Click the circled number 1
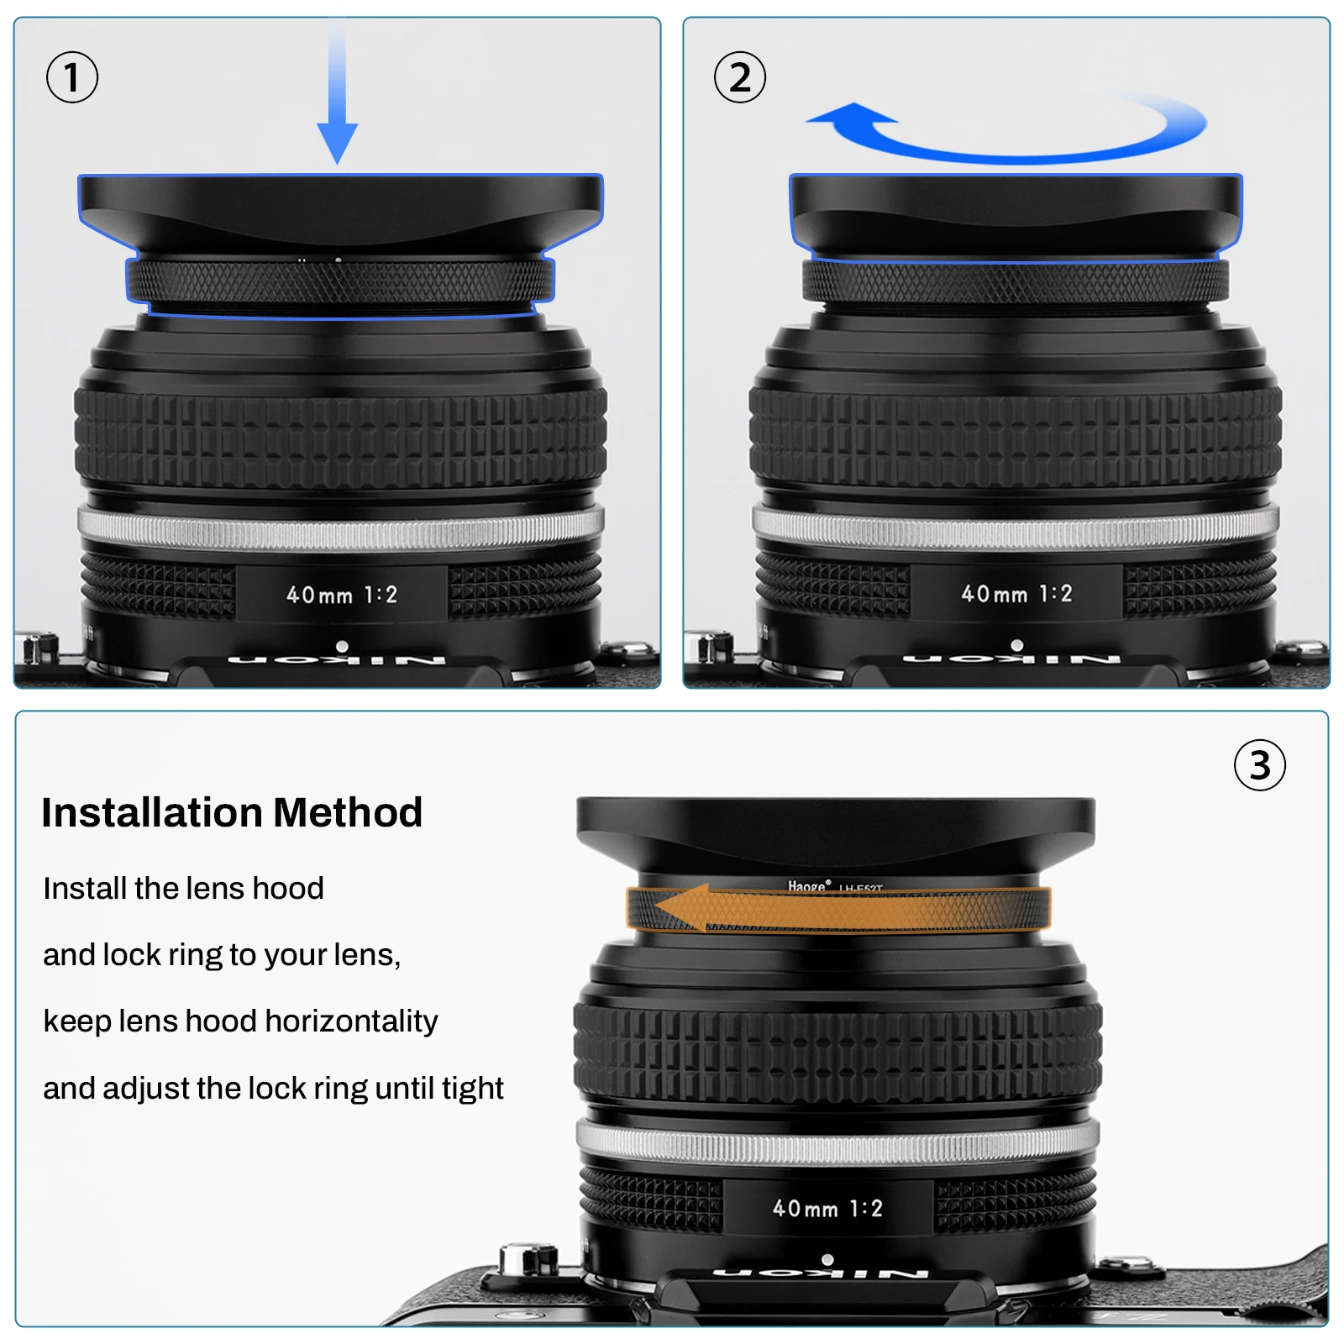(x=71, y=77)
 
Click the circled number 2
(x=739, y=77)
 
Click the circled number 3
(x=1259, y=765)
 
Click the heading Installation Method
(x=232, y=813)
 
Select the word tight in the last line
(x=472, y=1089)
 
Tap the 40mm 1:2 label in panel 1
(x=341, y=595)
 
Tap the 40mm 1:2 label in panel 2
(x=1016, y=594)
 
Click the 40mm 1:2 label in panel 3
(x=827, y=1209)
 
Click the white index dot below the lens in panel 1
(x=342, y=646)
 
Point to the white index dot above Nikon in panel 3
(x=827, y=1260)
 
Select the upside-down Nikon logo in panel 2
(x=1012, y=660)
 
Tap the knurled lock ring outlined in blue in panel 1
(x=340, y=280)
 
